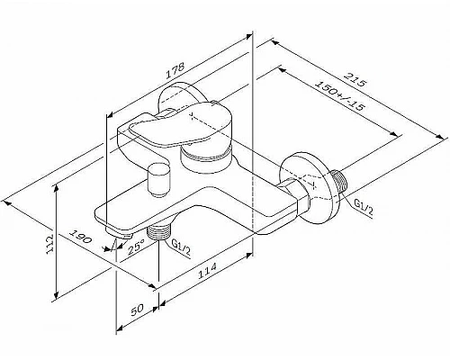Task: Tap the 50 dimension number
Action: point(138,309)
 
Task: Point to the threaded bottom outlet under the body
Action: point(162,233)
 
